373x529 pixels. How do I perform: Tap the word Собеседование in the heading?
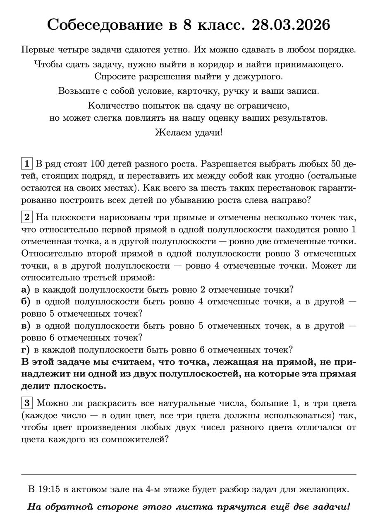(x=105, y=25)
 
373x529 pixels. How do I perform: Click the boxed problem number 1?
(x=26, y=164)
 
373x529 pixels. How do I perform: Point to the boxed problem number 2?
(x=26, y=217)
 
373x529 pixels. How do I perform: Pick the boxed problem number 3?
(x=26, y=403)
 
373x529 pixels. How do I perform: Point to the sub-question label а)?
(x=26, y=290)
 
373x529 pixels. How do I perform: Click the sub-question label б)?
(x=26, y=302)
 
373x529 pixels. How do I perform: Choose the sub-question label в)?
(x=26, y=326)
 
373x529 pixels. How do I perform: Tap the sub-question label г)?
(x=25, y=350)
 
